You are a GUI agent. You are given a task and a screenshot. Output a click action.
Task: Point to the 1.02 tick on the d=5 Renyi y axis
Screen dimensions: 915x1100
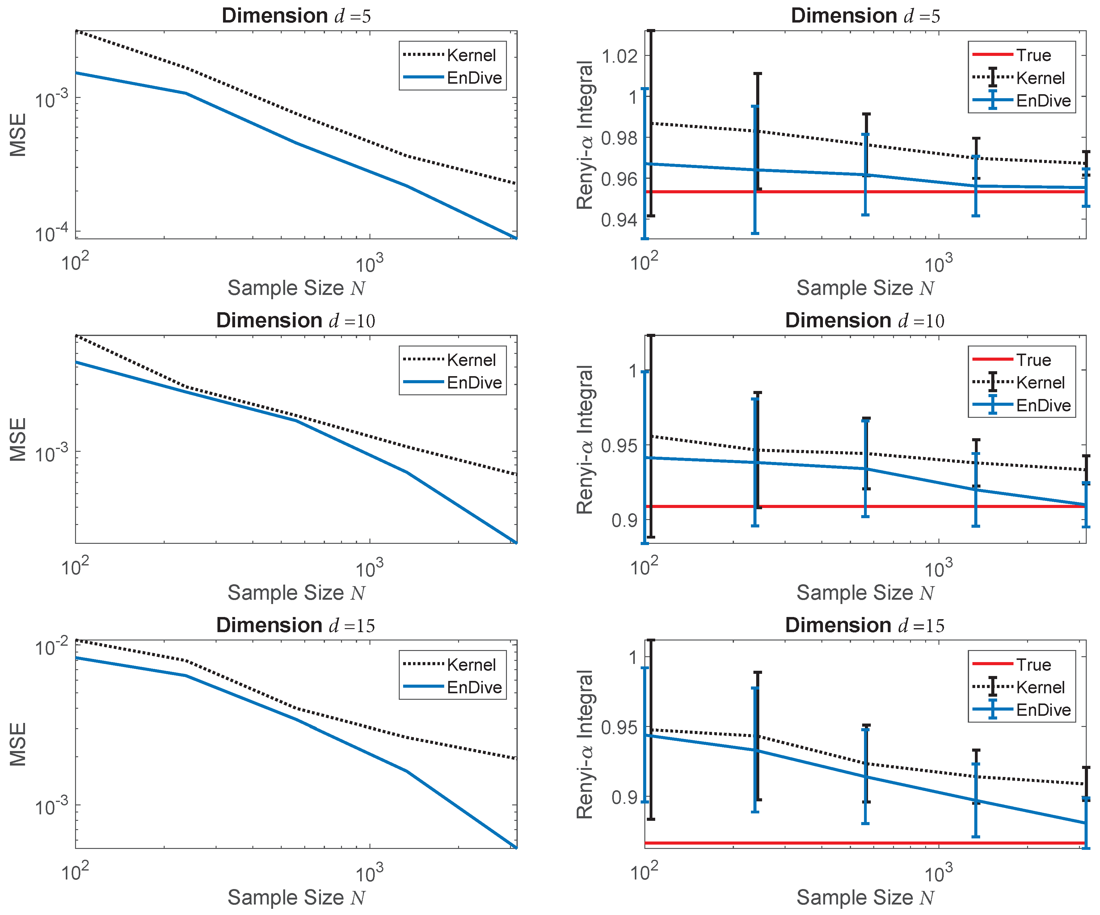pyautogui.click(x=620, y=56)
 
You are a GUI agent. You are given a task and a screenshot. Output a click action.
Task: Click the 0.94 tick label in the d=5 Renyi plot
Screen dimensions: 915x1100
pyautogui.click(x=620, y=220)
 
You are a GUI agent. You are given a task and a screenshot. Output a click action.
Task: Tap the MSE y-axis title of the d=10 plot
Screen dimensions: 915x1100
pyautogui.click(x=18, y=439)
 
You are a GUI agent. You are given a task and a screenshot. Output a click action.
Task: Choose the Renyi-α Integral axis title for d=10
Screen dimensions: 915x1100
pyautogui.click(x=585, y=439)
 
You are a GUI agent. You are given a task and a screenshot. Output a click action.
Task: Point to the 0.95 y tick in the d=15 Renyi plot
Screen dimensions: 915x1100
pyautogui.click(x=620, y=728)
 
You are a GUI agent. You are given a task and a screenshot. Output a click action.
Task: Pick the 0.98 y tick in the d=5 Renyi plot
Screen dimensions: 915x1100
pyautogui.click(x=620, y=138)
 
